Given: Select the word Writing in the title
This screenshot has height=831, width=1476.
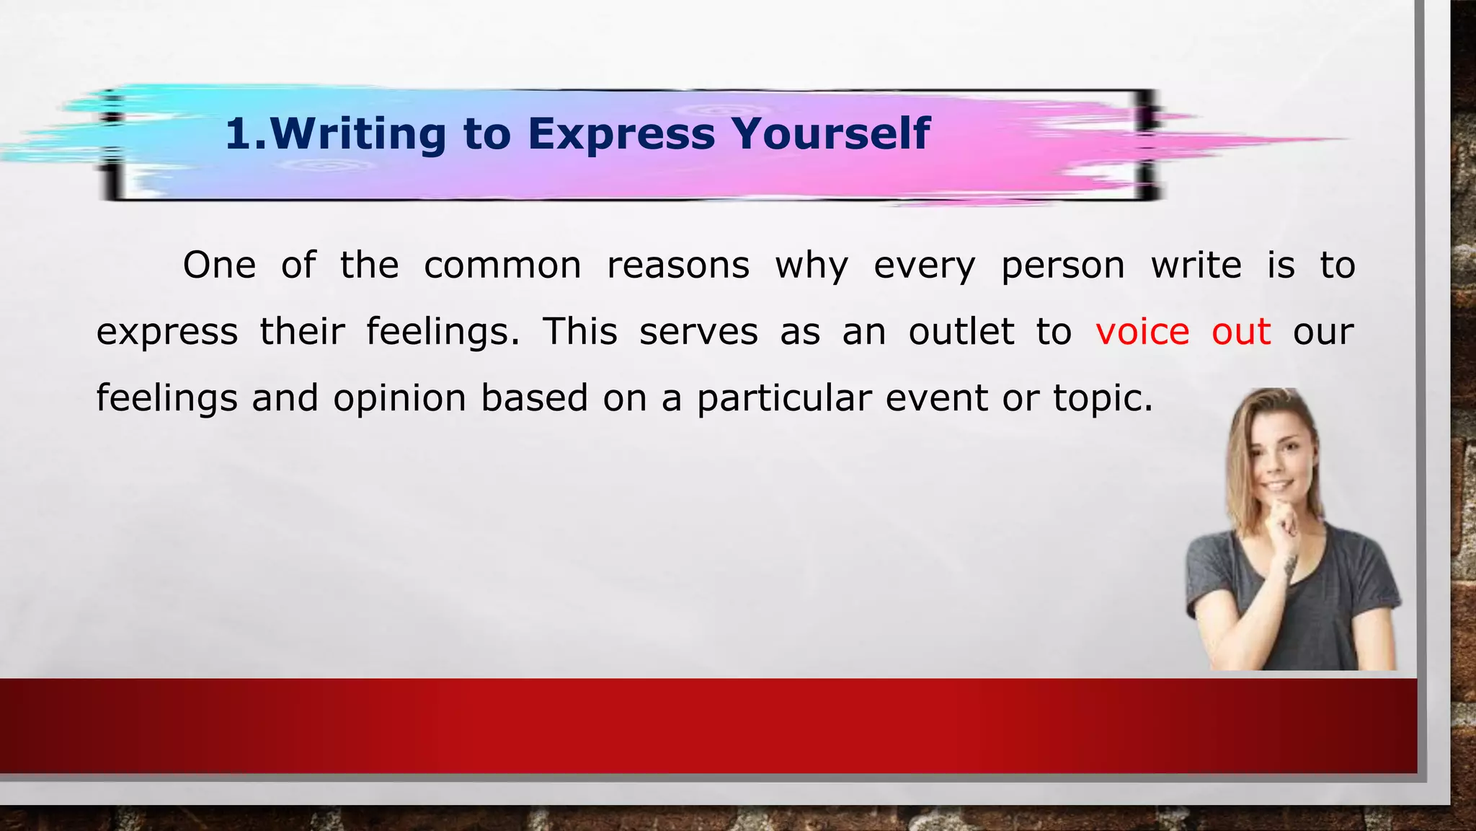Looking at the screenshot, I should pos(359,134).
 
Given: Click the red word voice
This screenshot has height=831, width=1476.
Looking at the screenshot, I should pos(1142,332).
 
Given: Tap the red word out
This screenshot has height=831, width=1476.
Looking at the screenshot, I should pos(1241,332).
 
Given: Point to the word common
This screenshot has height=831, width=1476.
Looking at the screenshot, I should pos(502,265).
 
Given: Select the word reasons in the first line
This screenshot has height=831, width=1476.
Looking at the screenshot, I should pos(678,265).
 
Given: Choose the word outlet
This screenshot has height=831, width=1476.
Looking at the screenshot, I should pos(961,332).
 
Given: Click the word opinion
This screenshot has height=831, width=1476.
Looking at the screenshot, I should pos(400,399).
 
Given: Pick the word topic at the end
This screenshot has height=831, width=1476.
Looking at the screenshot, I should pos(1102,399).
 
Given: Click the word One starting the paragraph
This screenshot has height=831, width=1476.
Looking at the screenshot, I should pos(219,265).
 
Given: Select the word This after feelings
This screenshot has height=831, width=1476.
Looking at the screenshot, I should pos(580,332).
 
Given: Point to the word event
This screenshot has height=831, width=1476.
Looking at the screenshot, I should pos(936,398).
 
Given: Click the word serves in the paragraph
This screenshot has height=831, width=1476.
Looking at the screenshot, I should pos(698,332).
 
